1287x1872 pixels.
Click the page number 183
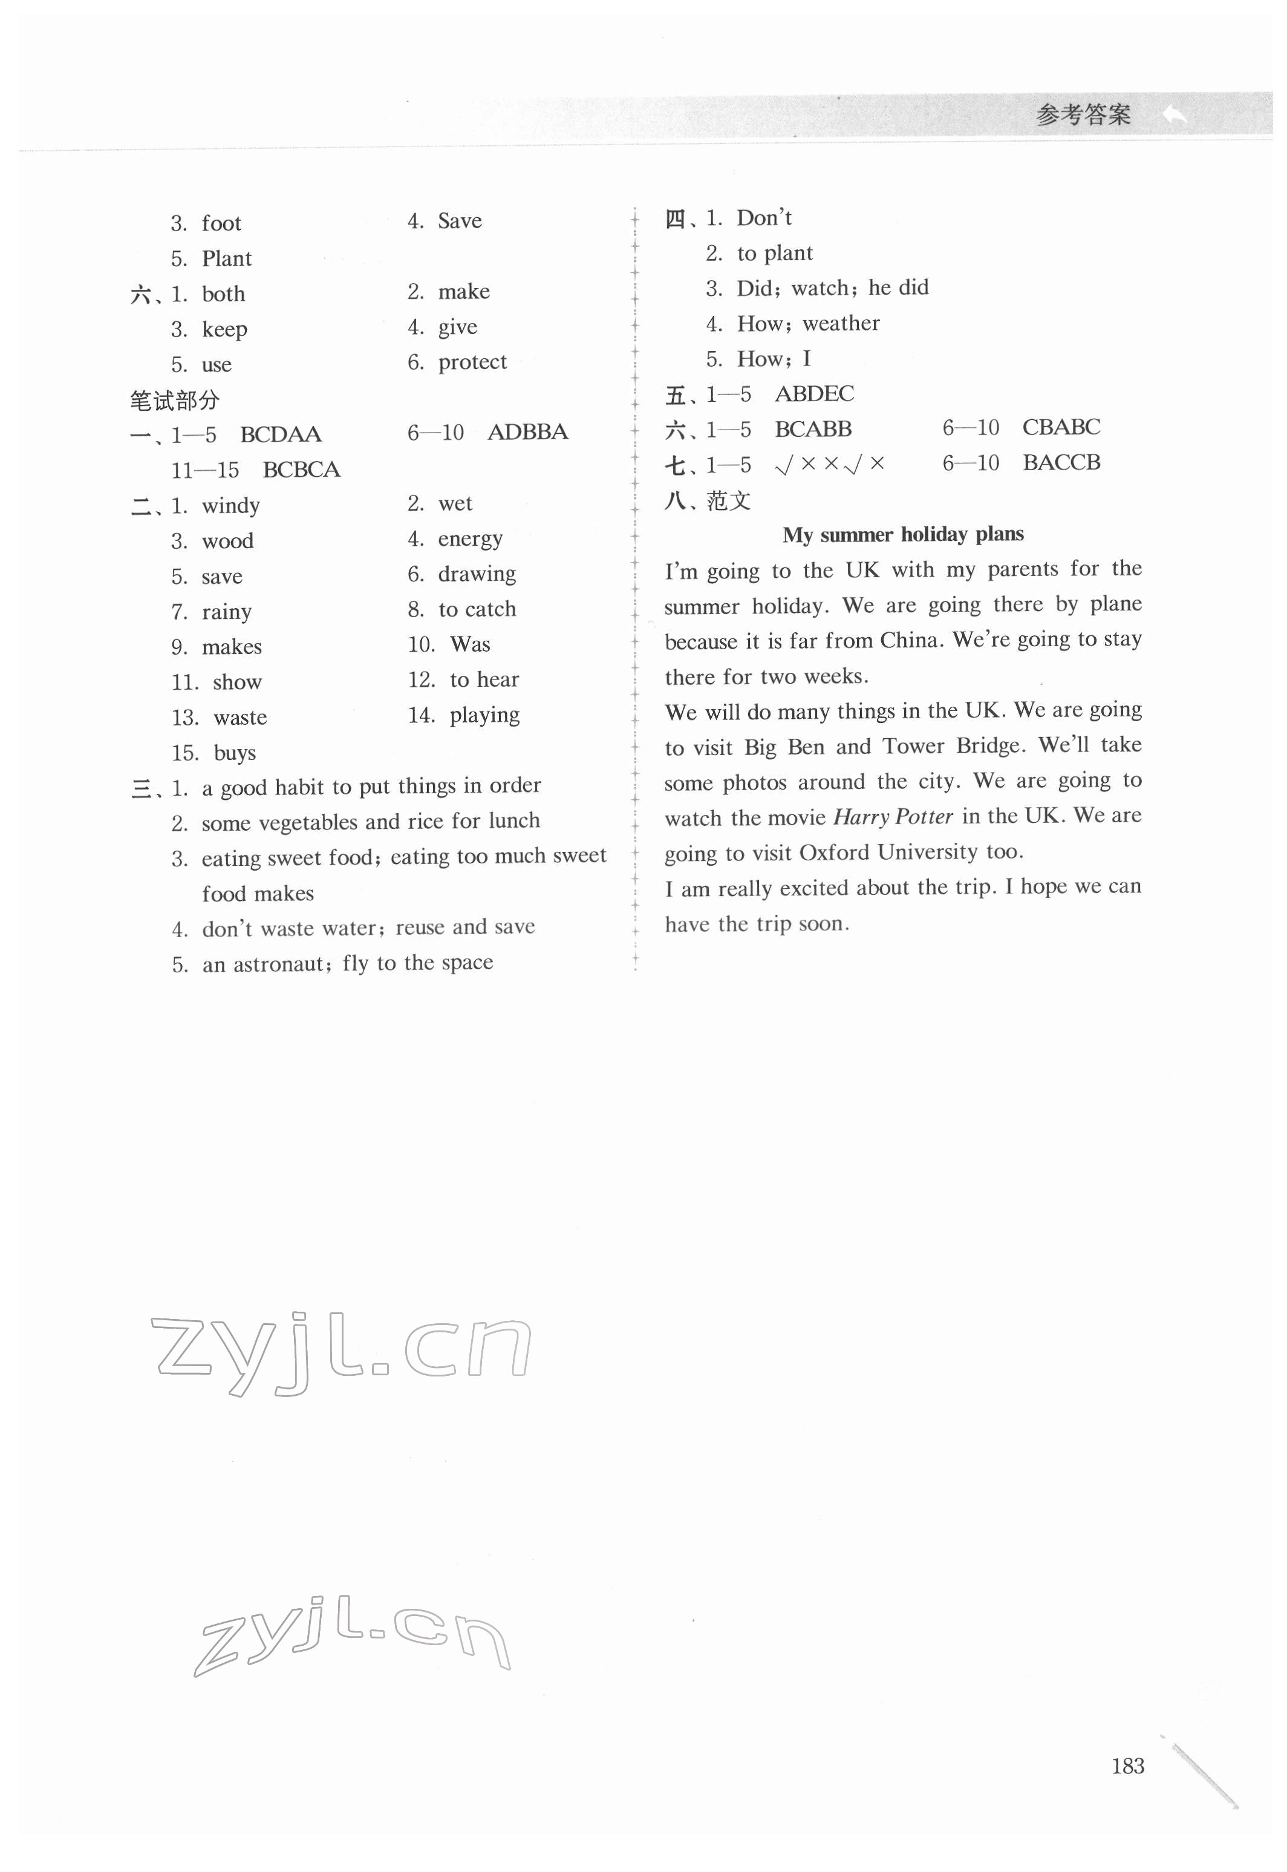tap(1127, 1766)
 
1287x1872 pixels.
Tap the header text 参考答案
tap(1083, 116)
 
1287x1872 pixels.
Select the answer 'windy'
tap(230, 506)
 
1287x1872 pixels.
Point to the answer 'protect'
tap(472, 362)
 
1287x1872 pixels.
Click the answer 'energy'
tap(470, 538)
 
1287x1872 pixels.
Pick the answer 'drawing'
tap(477, 574)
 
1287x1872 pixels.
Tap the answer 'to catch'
tap(477, 609)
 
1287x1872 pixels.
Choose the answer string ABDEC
tap(813, 394)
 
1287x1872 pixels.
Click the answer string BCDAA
tap(281, 435)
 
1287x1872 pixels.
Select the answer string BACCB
tap(1061, 462)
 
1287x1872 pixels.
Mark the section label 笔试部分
tap(174, 400)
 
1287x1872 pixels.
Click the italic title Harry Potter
tap(893, 817)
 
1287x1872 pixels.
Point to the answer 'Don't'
tap(764, 218)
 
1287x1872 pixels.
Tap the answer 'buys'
tap(235, 753)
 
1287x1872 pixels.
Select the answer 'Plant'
tap(227, 259)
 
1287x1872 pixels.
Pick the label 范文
tap(728, 501)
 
